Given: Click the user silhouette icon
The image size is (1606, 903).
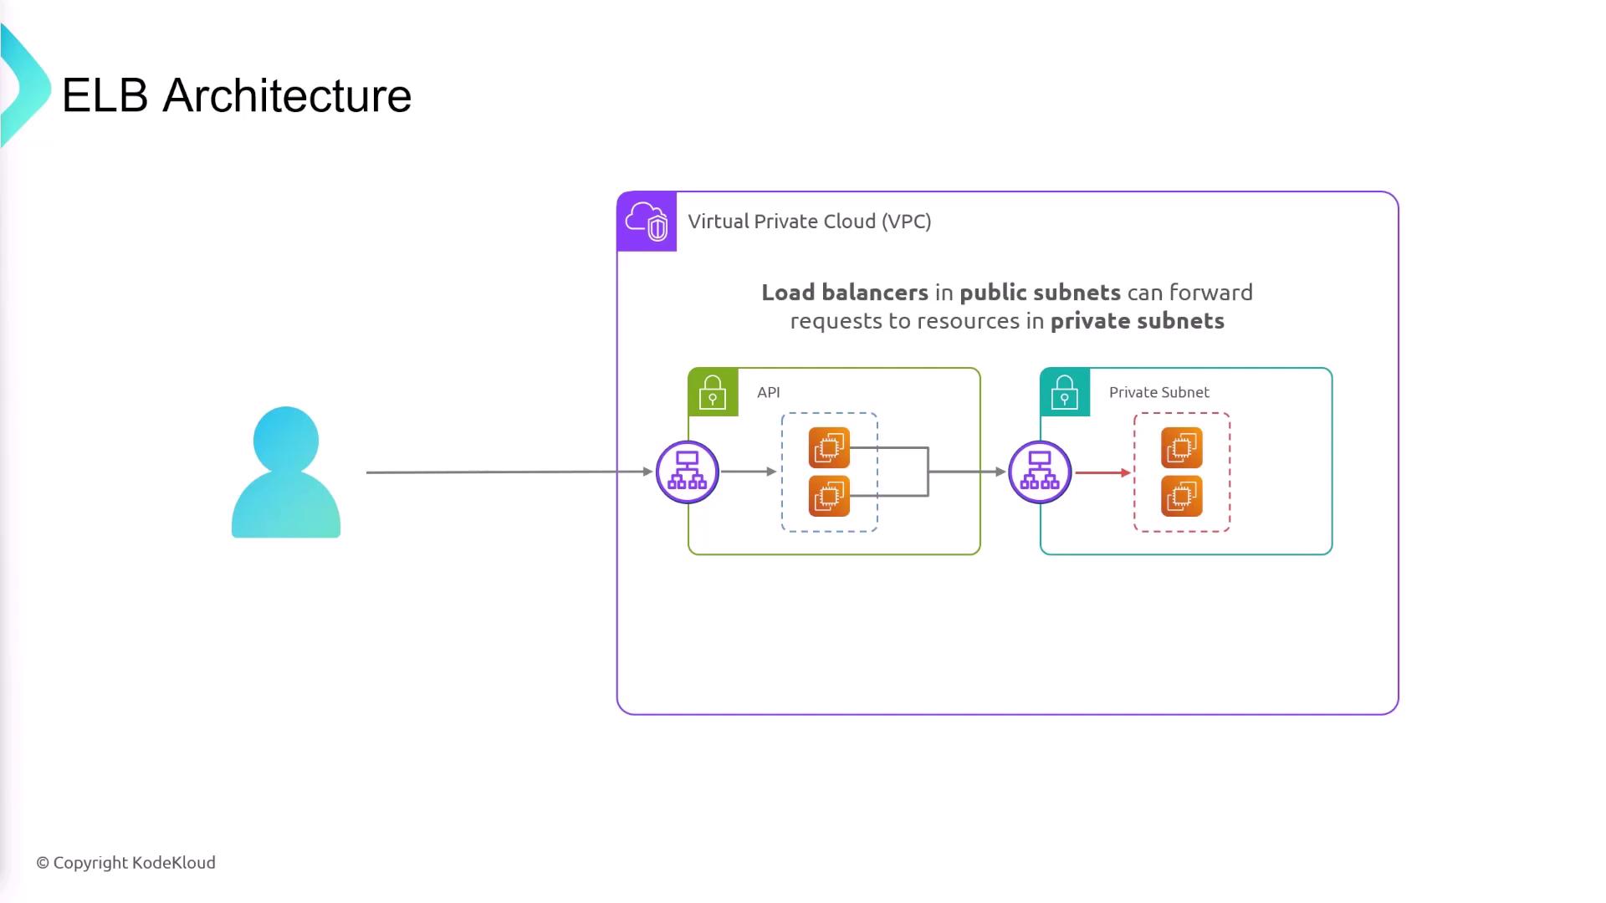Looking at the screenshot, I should pyautogui.click(x=286, y=472).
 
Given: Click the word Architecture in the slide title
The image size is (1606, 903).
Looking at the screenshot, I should pyautogui.click(x=287, y=95).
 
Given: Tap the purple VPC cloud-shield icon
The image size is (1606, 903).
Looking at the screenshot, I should pyautogui.click(x=647, y=222).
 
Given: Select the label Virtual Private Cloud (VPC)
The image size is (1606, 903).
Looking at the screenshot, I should pyautogui.click(x=809, y=222).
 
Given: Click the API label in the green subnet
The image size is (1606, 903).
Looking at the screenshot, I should pyautogui.click(x=768, y=392).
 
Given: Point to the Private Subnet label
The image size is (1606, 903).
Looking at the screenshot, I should pyautogui.click(x=1158, y=392).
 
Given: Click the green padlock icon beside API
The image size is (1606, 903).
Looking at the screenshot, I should pyautogui.click(x=713, y=392).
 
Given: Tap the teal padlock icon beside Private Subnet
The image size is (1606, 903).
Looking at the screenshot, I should pyautogui.click(x=1065, y=392).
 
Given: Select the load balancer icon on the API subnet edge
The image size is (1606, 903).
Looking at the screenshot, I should pyautogui.click(x=688, y=472).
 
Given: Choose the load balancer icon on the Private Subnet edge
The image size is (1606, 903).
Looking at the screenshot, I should pyautogui.click(x=1040, y=472).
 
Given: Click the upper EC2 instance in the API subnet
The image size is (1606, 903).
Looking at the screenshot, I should pyautogui.click(x=829, y=447).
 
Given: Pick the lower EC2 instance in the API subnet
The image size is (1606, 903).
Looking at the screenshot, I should pyautogui.click(x=829, y=496).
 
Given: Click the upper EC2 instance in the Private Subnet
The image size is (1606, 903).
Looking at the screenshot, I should pyautogui.click(x=1181, y=447).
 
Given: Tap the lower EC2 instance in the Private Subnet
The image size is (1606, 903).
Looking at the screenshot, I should pyautogui.click(x=1181, y=496).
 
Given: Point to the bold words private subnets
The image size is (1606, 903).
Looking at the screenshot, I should pyautogui.click(x=1137, y=321).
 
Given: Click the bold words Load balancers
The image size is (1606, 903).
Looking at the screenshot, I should pyautogui.click(x=844, y=293).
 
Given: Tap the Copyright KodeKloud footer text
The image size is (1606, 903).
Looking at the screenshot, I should pyautogui.click(x=125, y=863).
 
